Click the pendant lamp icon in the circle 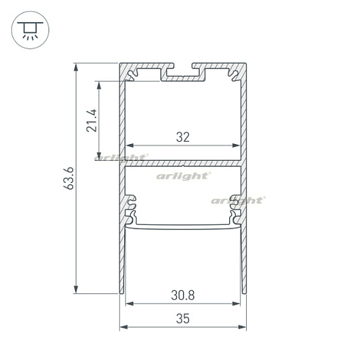pyautogui.click(x=29, y=30)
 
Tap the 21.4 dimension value pyautogui.click(x=91, y=120)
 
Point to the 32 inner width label pyautogui.click(x=183, y=136)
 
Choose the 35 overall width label pyautogui.click(x=183, y=318)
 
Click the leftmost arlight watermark pyautogui.click(x=121, y=157)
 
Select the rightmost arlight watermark pyautogui.click(x=237, y=200)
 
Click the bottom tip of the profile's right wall pyautogui.click(x=244, y=292)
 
